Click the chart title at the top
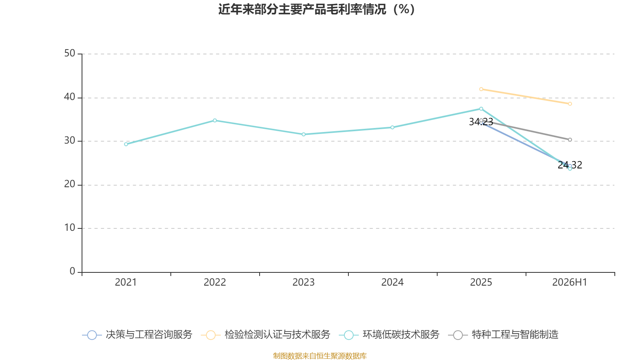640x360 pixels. [316, 10]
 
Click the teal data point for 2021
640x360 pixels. [126, 144]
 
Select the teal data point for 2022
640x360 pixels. [215, 120]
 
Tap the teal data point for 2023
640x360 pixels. [304, 134]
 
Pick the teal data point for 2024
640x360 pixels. [392, 128]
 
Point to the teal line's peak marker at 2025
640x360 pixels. [481, 109]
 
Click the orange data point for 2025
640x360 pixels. [481, 90]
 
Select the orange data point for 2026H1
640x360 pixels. [570, 104]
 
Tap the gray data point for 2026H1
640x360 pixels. [570, 140]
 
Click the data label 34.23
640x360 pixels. [481, 122]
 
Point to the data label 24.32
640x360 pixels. [570, 165]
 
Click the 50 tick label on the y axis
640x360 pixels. [70, 54]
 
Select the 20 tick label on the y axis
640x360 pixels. [70, 184]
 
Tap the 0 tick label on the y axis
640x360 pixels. [72, 272]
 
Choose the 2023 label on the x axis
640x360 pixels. [304, 282]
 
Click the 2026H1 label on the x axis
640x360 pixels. [570, 282]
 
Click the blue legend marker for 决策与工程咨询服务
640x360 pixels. [92, 335]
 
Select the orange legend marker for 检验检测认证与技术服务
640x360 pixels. [211, 335]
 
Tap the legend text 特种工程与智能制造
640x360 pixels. [515, 334]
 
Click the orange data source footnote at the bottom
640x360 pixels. [320, 356]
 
